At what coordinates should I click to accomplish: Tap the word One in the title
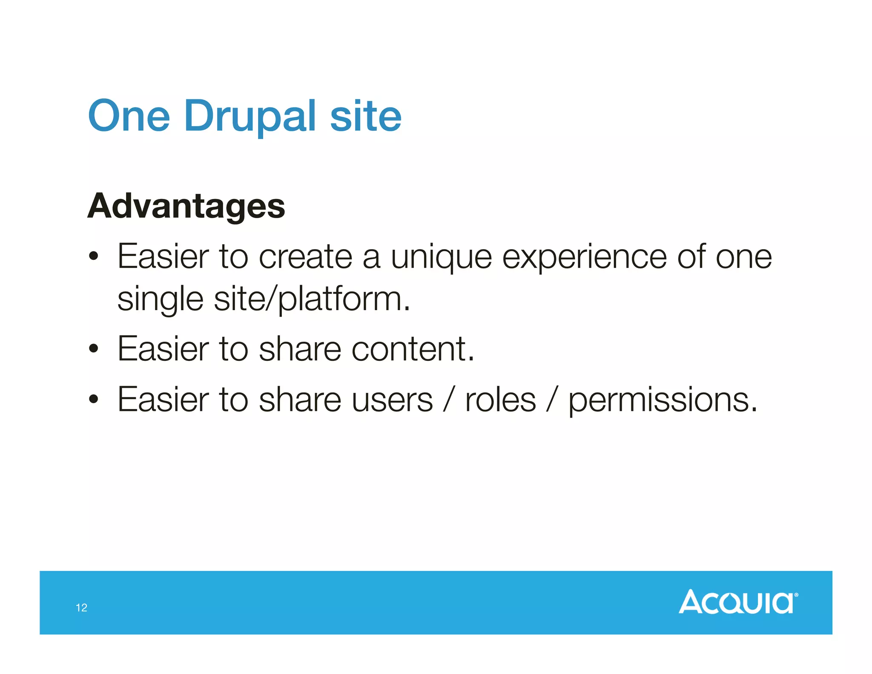[129, 116]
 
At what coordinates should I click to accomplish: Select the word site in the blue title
[365, 116]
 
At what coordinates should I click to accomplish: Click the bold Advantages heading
[186, 206]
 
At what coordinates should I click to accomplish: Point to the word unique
[441, 258]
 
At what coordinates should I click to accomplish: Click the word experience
[584, 258]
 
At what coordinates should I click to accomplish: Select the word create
[305, 257]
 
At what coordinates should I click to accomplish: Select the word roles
[500, 400]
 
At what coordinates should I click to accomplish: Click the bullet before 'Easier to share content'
[94, 349]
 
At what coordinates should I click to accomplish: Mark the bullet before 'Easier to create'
[94, 257]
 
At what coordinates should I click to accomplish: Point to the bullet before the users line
[94, 400]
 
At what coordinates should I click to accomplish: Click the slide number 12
[81, 608]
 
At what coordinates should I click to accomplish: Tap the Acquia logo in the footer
[737, 602]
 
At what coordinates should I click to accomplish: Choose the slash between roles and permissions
[552, 400]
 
